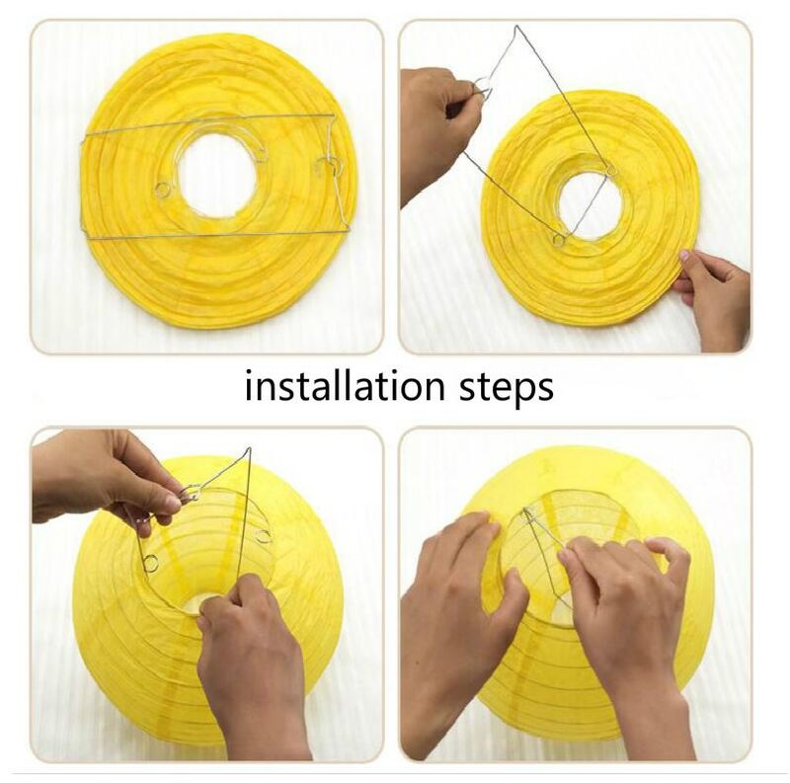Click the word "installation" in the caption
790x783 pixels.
tap(345, 386)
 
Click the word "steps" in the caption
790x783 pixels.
tap(507, 388)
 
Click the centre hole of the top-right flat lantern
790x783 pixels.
tap(590, 205)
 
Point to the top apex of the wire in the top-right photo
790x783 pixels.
tap(514, 27)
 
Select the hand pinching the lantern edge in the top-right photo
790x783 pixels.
tap(712, 298)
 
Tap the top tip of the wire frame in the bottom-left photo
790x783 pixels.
tap(248, 448)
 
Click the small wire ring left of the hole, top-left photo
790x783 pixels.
tap(163, 190)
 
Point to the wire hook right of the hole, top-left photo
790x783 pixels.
tap(330, 166)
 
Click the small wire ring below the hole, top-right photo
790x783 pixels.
tap(558, 239)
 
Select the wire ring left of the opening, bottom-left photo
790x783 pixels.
tap(151, 563)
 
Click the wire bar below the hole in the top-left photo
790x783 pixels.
tap(215, 235)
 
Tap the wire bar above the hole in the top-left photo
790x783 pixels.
tap(208, 122)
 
